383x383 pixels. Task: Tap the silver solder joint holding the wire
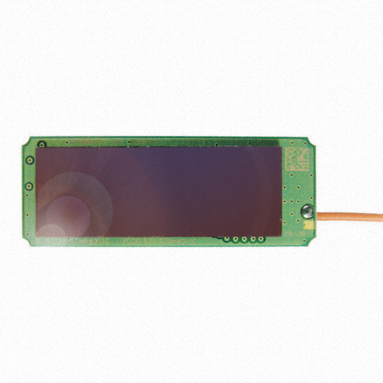click(306, 211)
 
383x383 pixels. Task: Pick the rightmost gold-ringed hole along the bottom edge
click(262, 239)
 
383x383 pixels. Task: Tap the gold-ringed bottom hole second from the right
click(253, 239)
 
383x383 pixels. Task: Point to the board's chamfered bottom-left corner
click(26, 242)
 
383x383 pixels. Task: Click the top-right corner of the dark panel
click(281, 148)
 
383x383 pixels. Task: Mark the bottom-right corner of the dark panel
click(281, 235)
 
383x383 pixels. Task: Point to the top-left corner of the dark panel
click(36, 148)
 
